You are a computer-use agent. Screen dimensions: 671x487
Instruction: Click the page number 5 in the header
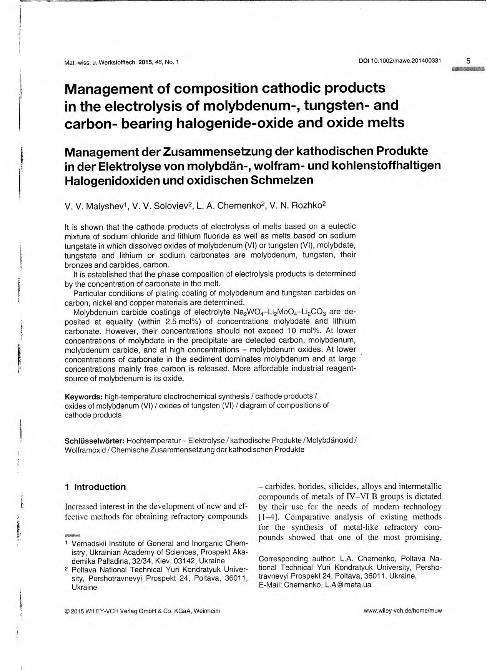click(468, 61)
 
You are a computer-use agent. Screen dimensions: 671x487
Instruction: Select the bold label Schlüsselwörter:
click(95, 440)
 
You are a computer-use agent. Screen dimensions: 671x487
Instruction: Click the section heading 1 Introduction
click(95, 487)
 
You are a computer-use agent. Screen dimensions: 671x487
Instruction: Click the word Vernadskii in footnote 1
click(90, 544)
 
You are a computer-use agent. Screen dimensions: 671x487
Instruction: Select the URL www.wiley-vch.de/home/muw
click(403, 611)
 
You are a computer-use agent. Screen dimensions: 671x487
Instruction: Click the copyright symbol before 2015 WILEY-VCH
click(67, 611)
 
